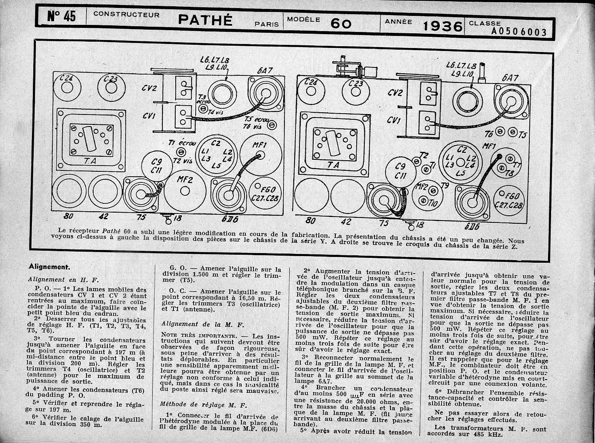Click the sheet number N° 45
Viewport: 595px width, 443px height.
61,17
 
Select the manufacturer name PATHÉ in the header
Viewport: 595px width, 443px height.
205,20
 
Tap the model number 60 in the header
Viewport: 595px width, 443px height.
341,24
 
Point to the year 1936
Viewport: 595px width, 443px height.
442,26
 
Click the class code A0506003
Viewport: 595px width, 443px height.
519,32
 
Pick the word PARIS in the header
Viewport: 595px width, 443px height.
267,24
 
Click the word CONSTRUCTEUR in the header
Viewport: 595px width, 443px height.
126,15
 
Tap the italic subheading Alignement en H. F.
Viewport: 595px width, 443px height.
63,280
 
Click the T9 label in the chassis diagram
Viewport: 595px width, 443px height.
444,185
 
